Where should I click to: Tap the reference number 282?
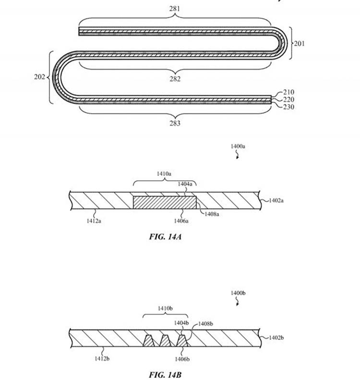[x=175, y=79]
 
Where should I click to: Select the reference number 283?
[x=175, y=123]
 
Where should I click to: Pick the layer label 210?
[x=288, y=92]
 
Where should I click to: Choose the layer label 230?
[x=288, y=106]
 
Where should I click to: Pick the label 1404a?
[x=184, y=184]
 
